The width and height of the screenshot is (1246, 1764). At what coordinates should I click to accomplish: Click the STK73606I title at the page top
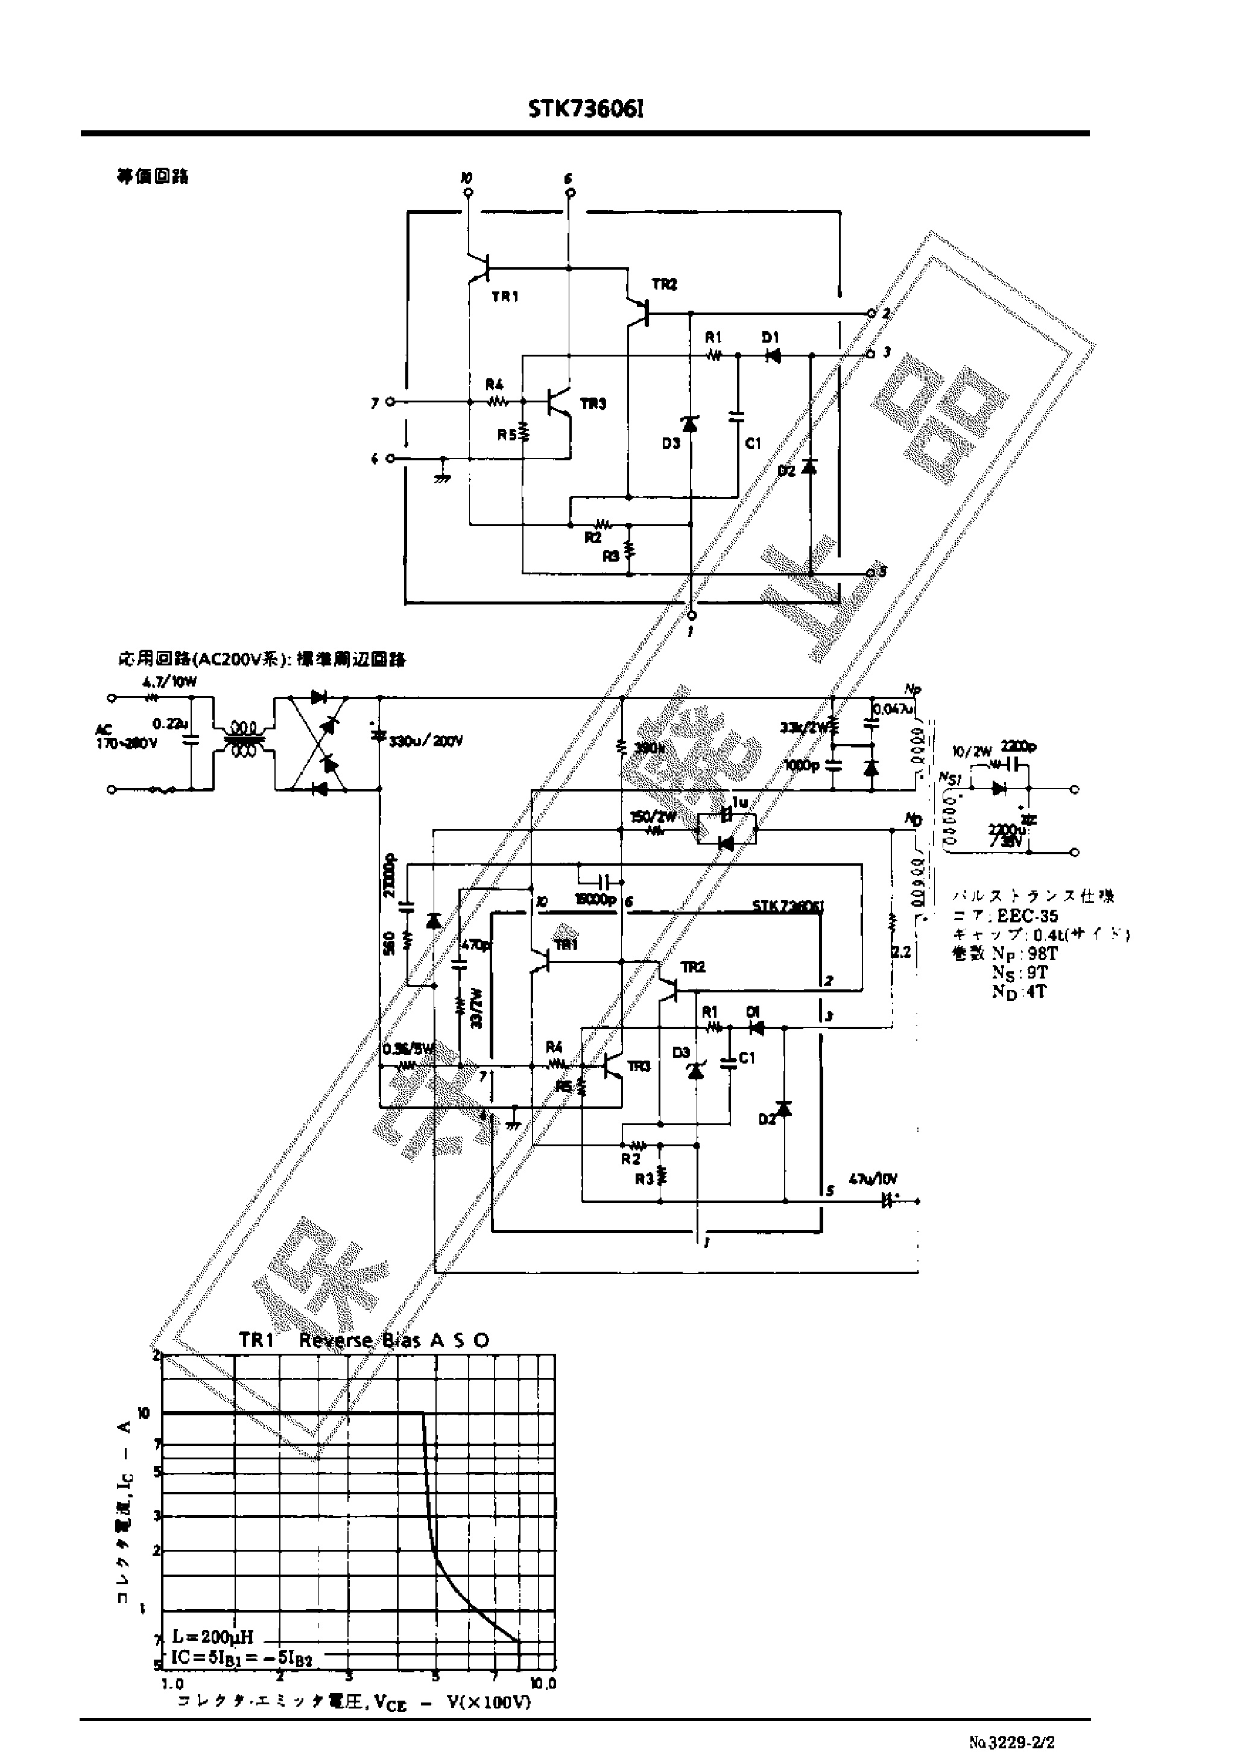click(586, 110)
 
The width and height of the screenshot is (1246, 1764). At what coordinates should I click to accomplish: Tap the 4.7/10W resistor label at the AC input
click(169, 682)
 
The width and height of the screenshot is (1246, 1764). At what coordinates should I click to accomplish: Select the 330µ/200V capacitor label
click(426, 741)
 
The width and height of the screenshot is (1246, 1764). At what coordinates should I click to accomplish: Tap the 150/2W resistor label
click(653, 817)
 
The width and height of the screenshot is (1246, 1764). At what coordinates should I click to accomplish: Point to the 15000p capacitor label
click(595, 899)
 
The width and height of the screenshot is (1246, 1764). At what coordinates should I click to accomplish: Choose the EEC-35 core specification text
click(1027, 916)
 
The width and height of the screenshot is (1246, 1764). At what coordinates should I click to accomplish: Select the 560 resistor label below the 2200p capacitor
click(390, 943)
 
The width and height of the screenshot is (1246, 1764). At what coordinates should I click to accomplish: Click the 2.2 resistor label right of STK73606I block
click(901, 953)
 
